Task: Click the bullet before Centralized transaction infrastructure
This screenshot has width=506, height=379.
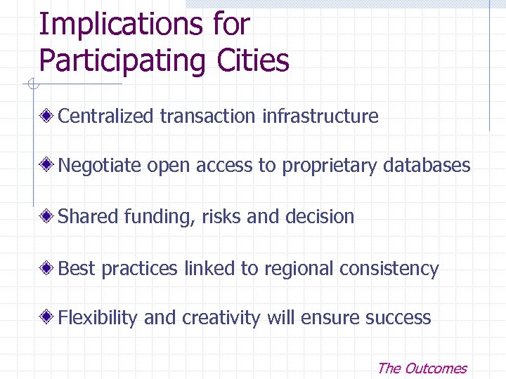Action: [x=48, y=116]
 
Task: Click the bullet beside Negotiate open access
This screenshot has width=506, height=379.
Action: [x=48, y=166]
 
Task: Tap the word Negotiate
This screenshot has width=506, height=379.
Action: [x=100, y=166]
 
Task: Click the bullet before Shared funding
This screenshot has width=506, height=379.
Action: [x=48, y=216]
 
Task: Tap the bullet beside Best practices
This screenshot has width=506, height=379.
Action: [x=48, y=267]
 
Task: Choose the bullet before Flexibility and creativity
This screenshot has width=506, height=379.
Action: [x=48, y=317]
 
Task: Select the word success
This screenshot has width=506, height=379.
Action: [x=398, y=317]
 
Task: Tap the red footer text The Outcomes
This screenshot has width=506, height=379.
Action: [x=422, y=368]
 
